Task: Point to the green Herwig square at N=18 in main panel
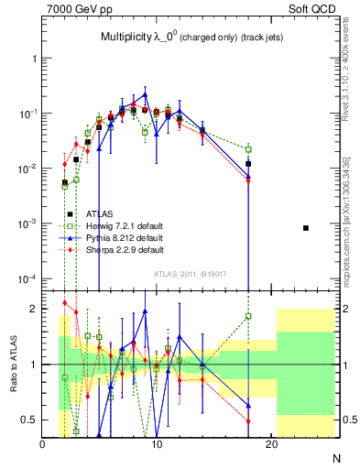tap(248, 148)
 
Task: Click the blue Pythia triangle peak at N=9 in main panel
tap(145, 94)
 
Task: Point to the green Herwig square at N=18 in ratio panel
tap(248, 316)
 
